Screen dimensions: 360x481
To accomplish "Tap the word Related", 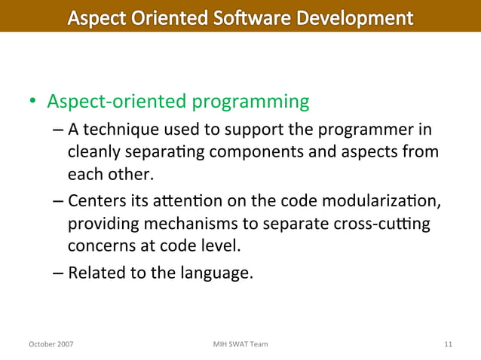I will [94, 272].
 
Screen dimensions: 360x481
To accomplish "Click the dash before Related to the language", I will [59, 272].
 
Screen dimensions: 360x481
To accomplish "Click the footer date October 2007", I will [51, 344].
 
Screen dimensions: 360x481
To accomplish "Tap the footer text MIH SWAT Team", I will [240, 344].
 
